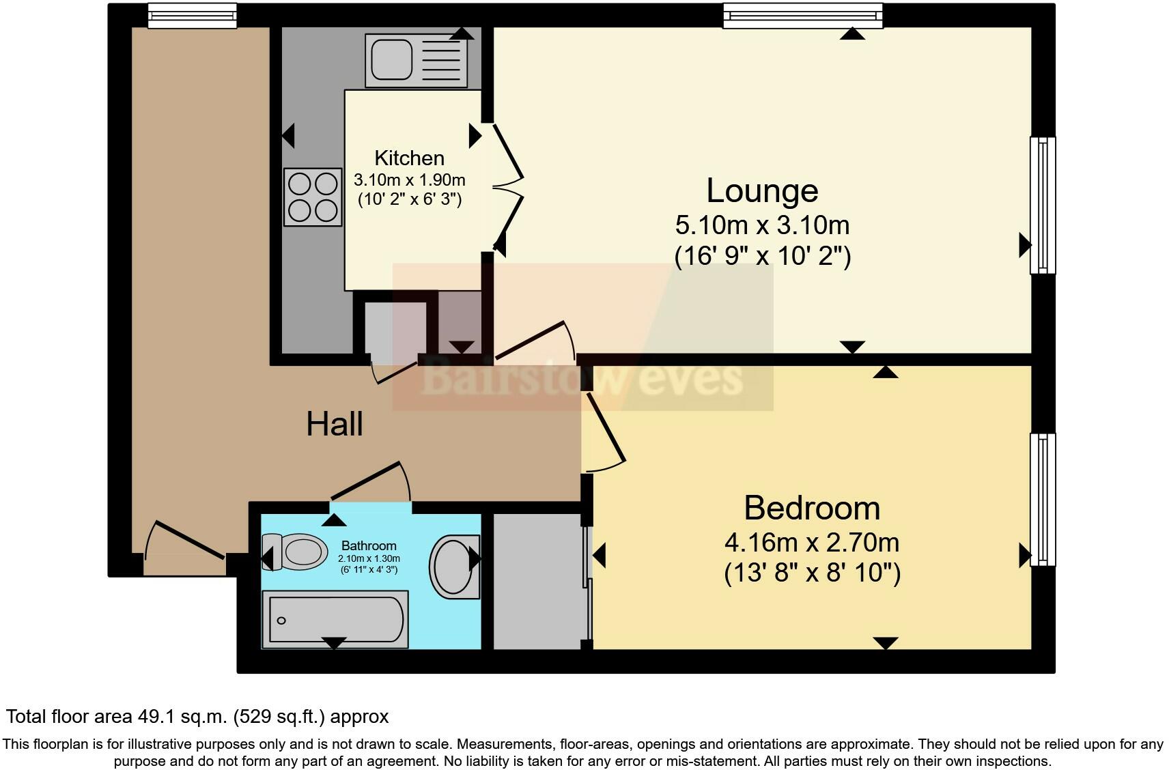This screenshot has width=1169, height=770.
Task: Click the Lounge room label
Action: pos(762,190)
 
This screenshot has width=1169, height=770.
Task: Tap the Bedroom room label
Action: pos(811,508)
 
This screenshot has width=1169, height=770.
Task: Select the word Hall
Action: pos(334,424)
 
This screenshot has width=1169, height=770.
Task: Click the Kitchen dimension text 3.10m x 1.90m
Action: pos(409,180)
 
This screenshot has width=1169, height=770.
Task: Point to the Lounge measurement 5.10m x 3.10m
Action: pos(762,225)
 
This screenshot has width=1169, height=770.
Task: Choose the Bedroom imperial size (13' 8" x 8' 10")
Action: pos(811,572)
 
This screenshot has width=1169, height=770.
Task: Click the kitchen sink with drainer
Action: pos(417,61)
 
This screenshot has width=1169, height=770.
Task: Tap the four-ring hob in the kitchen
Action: pos(313,197)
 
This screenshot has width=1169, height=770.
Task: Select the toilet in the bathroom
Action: pos(295,552)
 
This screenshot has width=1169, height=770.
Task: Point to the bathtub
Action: pos(335,620)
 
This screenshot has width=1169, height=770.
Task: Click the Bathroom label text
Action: pos(369,545)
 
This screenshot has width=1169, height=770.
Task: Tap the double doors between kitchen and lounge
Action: pos(507,188)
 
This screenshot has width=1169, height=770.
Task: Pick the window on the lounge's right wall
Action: pos(1042,205)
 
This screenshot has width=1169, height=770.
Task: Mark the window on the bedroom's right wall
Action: pos(1042,499)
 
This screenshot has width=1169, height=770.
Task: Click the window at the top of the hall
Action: pos(192,15)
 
